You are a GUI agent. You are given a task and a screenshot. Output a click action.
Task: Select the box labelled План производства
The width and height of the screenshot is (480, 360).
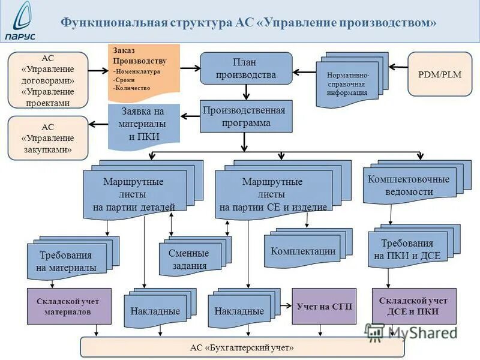tap(246, 68)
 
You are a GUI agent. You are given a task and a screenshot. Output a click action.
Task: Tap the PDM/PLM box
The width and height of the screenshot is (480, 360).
tap(440, 74)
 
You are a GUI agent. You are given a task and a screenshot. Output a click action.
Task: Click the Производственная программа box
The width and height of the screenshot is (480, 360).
tap(246, 116)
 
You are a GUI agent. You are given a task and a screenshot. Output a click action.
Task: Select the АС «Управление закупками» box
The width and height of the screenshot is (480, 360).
tap(48, 138)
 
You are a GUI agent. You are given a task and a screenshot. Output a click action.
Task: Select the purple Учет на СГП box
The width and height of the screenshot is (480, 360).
tap(324, 306)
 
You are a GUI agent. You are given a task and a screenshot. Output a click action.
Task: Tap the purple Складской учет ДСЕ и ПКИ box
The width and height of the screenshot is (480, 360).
tap(414, 306)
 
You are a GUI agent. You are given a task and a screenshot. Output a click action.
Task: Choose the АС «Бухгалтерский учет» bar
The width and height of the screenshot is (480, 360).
tap(242, 347)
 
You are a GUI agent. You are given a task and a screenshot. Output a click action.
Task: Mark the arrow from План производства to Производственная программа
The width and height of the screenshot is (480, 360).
tap(246, 92)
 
